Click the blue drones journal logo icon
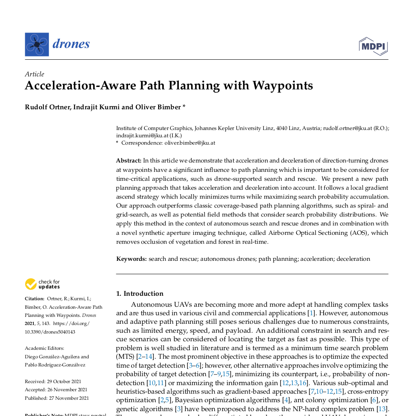click(37, 44)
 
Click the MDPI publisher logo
click(373, 46)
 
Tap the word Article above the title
click(35, 74)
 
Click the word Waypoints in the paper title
click(283, 86)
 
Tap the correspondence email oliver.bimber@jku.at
click(190, 143)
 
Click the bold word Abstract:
click(128, 160)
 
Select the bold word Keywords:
click(131, 259)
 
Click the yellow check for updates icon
click(31, 284)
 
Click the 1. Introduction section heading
click(140, 294)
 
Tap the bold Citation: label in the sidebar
click(35, 299)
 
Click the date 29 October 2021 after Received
click(64, 381)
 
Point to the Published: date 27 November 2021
click(67, 398)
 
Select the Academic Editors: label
click(44, 348)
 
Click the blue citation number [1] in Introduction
click(311, 313)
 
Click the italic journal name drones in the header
click(71, 44)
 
